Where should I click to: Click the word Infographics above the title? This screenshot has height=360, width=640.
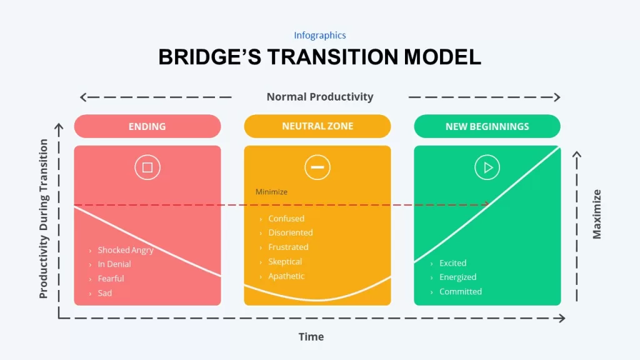point(320,36)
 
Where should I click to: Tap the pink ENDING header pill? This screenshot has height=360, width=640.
point(147,126)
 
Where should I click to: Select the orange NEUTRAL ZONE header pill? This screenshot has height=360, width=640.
point(317,126)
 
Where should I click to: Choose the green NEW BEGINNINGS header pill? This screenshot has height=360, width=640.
point(487,126)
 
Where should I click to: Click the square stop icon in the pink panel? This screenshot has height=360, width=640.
point(147,167)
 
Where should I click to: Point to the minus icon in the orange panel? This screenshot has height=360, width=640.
point(317,167)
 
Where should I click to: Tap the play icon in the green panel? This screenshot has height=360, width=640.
point(487,167)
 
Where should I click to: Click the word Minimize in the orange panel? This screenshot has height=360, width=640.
point(271,192)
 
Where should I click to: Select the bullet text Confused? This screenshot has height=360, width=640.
point(286,218)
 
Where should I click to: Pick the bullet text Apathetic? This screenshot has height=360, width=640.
point(286,276)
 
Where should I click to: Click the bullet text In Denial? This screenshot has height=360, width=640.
point(114,264)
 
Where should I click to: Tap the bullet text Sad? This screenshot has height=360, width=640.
point(105,293)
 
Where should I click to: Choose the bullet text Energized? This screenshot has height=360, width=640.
point(458,277)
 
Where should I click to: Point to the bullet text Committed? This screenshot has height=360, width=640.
point(461,291)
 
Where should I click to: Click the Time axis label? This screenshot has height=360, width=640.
point(311,337)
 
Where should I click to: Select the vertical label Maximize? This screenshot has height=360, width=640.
point(597,214)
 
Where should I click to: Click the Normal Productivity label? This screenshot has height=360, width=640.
point(320,97)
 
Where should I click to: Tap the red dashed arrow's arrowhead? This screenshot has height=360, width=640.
point(486,204)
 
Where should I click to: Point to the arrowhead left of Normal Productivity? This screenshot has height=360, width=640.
point(83,97)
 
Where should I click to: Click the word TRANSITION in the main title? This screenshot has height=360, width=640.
point(332,57)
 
